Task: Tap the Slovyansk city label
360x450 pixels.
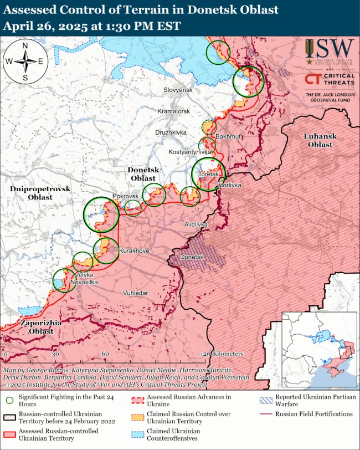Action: point(178,90)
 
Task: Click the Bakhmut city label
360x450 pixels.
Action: point(228,136)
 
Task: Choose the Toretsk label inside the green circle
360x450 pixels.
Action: point(209,175)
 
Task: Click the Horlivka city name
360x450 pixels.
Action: point(230,185)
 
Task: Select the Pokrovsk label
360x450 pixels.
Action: point(125,197)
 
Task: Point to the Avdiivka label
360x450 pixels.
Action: point(196,224)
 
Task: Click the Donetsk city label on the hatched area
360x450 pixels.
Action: point(192,258)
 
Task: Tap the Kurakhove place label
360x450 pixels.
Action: point(134,251)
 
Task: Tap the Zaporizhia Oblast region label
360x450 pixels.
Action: point(38,326)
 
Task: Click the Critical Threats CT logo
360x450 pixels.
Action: point(312,79)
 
